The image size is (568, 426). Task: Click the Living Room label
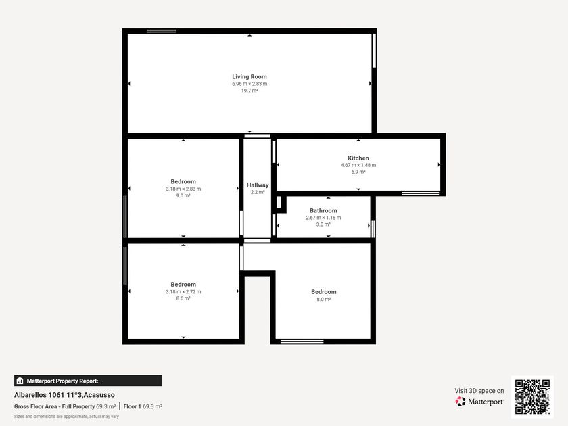coord(250,77)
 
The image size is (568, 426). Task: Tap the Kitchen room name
coord(358,158)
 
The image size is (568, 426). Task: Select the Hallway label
coord(258,185)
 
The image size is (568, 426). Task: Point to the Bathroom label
coord(323,210)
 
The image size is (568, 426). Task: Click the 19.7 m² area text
coord(250,91)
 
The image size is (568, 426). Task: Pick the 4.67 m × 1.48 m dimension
coord(358,165)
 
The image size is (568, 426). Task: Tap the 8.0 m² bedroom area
coord(323,299)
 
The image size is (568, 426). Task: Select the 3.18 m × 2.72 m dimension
coord(183,291)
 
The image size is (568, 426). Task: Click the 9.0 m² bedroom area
coord(183,195)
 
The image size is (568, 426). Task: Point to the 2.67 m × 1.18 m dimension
coord(323,218)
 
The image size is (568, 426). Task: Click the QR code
coord(532,397)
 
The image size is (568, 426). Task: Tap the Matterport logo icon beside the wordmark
coord(460,402)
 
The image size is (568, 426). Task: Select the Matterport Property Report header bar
coord(88,381)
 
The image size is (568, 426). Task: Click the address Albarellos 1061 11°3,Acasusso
coord(64,395)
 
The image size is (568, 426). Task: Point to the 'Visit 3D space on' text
coord(479,391)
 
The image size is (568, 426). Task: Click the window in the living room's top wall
coord(161,31)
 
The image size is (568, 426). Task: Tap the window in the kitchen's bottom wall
coord(420,193)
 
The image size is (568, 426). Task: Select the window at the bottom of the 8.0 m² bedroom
coord(302,341)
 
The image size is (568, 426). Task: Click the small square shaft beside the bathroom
coord(279,203)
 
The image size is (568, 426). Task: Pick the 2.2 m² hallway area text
coord(258,192)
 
